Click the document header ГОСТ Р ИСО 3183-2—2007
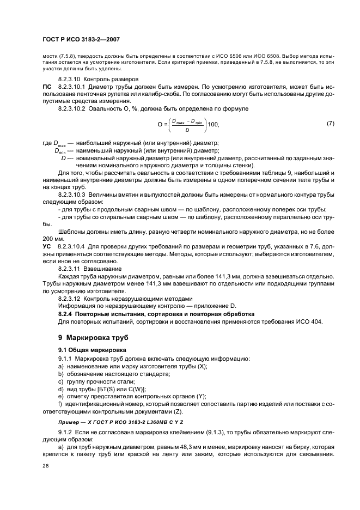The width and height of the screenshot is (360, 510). point(81,40)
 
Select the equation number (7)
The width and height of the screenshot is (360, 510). point(330,124)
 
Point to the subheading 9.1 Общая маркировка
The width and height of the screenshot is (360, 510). point(92,349)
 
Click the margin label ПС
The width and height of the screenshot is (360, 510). point(47,87)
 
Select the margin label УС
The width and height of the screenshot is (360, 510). point(47,247)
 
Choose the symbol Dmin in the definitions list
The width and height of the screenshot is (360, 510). point(59,151)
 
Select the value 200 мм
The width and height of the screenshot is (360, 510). point(53,239)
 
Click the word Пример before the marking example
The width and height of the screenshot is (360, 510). point(70,422)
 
